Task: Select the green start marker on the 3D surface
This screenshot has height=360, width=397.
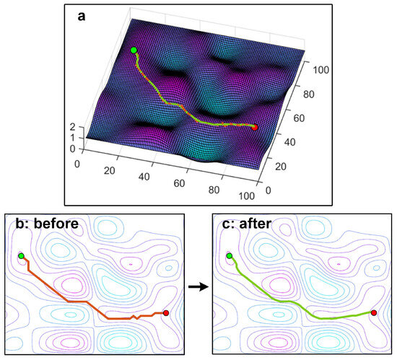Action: pyautogui.click(x=134, y=50)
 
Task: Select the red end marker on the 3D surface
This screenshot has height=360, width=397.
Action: pyautogui.click(x=254, y=127)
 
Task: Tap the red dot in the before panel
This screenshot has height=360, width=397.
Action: pyautogui.click(x=166, y=313)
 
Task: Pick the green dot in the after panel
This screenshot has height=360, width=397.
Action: pyautogui.click(x=230, y=256)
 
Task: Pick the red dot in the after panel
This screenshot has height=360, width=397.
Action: pyautogui.click(x=373, y=313)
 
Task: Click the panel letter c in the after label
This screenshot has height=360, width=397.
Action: pyautogui.click(x=225, y=224)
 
